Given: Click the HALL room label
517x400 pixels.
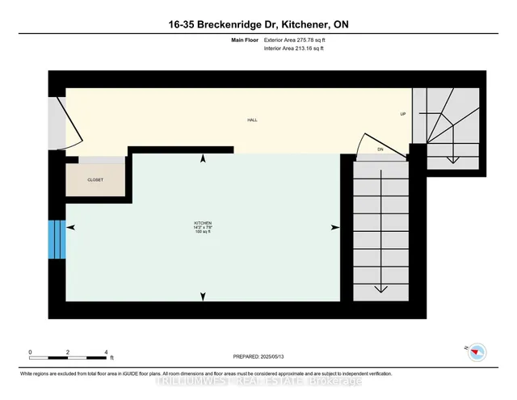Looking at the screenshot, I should pyautogui.click(x=252, y=120).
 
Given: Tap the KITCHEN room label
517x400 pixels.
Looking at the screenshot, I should pyautogui.click(x=202, y=223).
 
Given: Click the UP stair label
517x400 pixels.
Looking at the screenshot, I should pyautogui.click(x=402, y=114).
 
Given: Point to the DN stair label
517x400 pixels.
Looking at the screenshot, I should pyautogui.click(x=380, y=149).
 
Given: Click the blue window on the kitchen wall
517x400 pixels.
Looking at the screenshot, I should pyautogui.click(x=57, y=240).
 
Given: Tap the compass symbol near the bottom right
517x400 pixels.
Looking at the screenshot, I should pyautogui.click(x=477, y=351).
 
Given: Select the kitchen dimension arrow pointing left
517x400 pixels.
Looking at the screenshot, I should pyautogui.click(x=70, y=229).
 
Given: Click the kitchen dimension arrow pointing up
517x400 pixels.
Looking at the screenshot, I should pyautogui.click(x=202, y=160).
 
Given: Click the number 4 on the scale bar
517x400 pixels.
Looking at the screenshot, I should pyautogui.click(x=107, y=353).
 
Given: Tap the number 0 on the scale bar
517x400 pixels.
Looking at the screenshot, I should pyautogui.click(x=30, y=353).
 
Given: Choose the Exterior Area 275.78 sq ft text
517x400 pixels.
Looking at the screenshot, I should pyautogui.click(x=296, y=39).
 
